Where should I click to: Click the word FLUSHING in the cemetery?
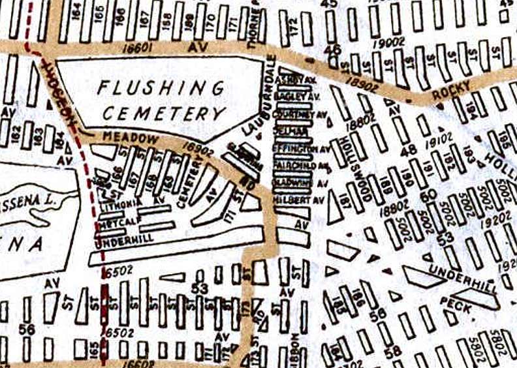click(x=162, y=88)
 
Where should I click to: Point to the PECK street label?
click(x=456, y=301)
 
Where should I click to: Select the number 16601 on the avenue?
click(x=136, y=48)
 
